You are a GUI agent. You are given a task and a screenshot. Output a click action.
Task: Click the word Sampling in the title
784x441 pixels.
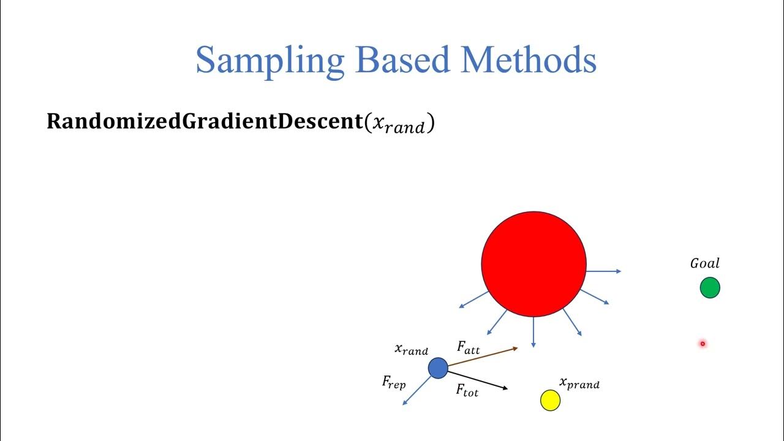click(x=269, y=61)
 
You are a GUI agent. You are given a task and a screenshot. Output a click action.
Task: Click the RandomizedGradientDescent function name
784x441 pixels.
click(x=205, y=122)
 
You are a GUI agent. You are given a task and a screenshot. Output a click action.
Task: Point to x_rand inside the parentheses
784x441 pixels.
click(x=399, y=124)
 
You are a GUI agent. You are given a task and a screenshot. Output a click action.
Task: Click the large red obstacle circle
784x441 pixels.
click(x=533, y=264)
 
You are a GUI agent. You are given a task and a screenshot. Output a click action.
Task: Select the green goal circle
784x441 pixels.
click(x=710, y=288)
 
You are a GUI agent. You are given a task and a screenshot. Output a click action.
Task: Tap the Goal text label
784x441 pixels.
click(x=705, y=263)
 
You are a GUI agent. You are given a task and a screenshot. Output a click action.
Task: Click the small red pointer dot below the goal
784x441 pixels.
click(x=703, y=344)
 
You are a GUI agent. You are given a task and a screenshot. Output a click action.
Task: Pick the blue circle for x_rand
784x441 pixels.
click(x=438, y=368)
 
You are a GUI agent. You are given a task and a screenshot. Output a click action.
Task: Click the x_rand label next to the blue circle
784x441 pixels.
click(x=411, y=350)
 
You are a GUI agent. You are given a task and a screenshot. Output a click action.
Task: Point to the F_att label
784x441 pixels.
click(x=469, y=348)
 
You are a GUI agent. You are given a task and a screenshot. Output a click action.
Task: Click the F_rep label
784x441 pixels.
click(x=394, y=382)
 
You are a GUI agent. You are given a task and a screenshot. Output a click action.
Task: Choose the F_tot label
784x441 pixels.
click(x=467, y=390)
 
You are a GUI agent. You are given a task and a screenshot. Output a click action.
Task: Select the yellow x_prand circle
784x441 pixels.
click(x=551, y=401)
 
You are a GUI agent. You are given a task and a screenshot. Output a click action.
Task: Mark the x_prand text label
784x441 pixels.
click(x=579, y=383)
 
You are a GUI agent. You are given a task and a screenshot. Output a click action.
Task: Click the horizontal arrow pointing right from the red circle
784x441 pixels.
click(x=604, y=271)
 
